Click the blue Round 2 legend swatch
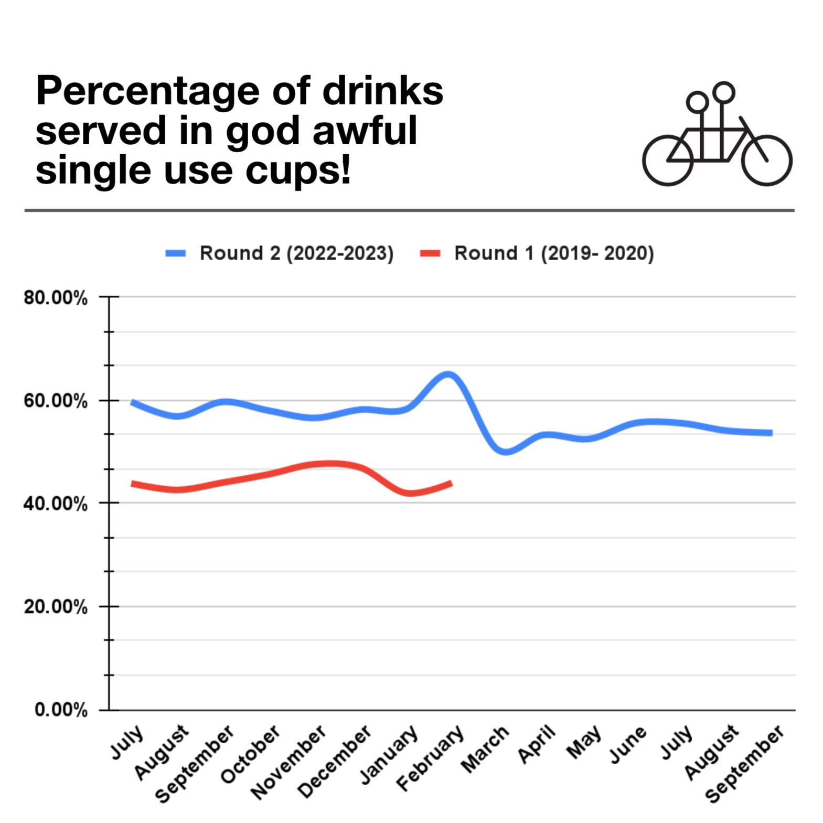coord(175,253)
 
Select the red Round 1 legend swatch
coord(430,253)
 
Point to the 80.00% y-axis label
coord(56,298)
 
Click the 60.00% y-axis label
coord(56,401)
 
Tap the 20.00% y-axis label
coord(56,607)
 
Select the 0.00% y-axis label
coord(61,710)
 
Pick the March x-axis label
coord(485,749)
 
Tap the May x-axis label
coord(584,742)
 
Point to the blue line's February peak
coord(448,375)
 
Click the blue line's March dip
coord(505,451)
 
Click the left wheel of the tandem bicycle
coord(668,161)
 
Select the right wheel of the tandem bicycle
coord(766,161)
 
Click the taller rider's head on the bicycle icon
coord(723,93)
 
